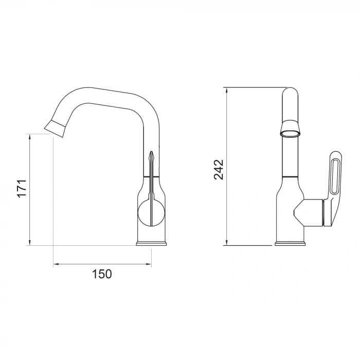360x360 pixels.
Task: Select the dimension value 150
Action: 102,274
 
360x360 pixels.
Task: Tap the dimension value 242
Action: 219,170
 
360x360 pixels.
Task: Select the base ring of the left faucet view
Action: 151,244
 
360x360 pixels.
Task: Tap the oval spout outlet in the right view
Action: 290,134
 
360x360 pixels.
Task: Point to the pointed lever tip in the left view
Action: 151,154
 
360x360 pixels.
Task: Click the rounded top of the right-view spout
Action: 290,93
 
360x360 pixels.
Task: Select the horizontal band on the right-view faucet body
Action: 290,176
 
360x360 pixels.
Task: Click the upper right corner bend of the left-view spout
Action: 149,105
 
